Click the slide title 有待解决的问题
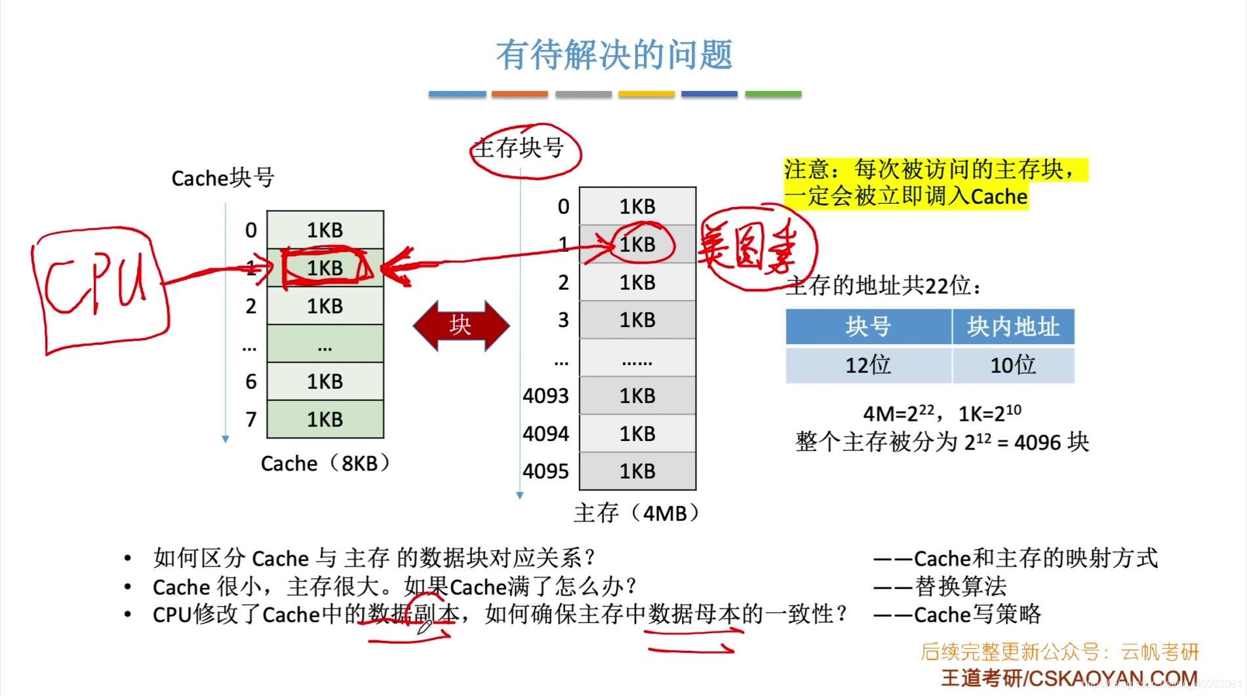click(x=614, y=54)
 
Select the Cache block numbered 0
click(x=325, y=230)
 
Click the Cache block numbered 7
click(x=325, y=419)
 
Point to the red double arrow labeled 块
click(x=461, y=325)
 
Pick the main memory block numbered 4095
click(x=637, y=471)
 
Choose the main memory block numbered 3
click(x=637, y=320)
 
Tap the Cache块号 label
click(x=222, y=178)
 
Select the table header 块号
click(x=868, y=326)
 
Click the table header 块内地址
click(x=1013, y=326)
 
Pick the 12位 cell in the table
click(x=868, y=365)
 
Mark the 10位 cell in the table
click(x=1013, y=365)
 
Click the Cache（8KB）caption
click(x=325, y=463)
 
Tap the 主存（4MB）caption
click(x=637, y=512)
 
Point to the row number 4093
click(x=545, y=396)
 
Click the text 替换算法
click(x=960, y=587)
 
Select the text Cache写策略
click(x=977, y=615)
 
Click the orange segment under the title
click(x=519, y=94)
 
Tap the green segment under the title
click(x=773, y=94)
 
